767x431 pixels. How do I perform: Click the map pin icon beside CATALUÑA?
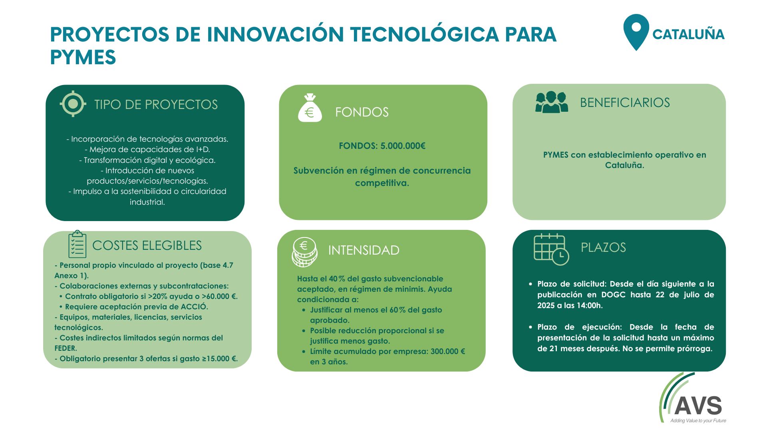(636, 32)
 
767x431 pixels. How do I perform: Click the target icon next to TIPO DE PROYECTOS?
(73, 104)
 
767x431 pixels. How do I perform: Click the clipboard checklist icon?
(77, 244)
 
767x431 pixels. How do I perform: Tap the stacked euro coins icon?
(304, 252)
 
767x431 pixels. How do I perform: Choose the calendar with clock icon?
(551, 249)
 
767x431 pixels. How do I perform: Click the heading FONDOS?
(362, 112)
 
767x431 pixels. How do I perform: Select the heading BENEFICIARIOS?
(625, 103)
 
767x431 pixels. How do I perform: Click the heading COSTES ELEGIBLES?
(147, 245)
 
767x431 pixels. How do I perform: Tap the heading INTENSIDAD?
(364, 250)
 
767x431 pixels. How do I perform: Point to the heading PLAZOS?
(603, 247)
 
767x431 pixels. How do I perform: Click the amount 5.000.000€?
(403, 146)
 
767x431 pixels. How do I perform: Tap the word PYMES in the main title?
(83, 57)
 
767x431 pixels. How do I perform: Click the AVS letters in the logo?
(698, 405)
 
